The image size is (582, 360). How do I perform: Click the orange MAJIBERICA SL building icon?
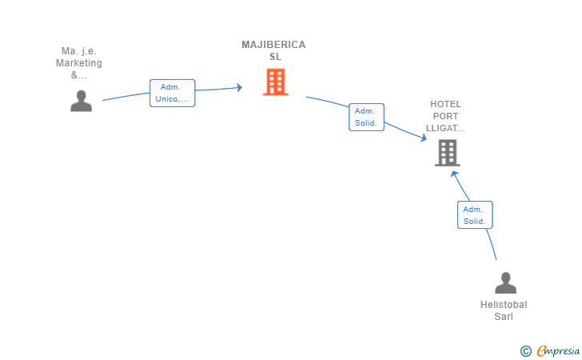275,82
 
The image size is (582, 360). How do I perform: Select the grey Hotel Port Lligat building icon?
447,152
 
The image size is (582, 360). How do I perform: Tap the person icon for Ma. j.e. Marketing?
81,101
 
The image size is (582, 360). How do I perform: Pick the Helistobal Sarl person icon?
505,283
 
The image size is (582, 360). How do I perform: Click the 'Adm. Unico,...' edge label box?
172,93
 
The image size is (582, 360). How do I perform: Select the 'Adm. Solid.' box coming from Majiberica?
367,117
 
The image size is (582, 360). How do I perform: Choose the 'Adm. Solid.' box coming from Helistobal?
475,215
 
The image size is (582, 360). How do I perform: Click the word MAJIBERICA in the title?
273,45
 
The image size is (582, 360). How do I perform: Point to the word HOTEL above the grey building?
445,104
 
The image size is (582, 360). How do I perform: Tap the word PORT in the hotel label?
445,116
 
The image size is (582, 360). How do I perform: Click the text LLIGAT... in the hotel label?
445,128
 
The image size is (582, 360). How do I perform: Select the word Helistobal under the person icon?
504,305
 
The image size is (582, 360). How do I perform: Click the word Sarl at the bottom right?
504,317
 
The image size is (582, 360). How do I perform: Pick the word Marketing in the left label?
79,63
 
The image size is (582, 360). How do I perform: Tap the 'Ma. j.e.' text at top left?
79,51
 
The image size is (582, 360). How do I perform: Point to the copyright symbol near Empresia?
525,351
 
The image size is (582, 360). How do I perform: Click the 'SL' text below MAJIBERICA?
275,57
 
